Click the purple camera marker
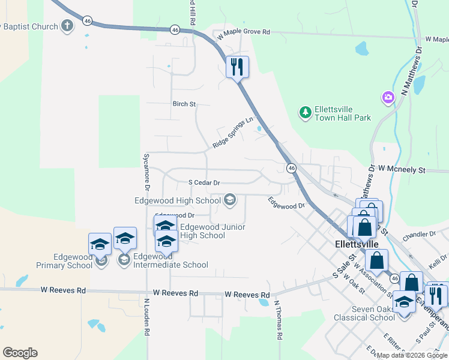point(388,97)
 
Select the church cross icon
point(67,26)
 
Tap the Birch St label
point(184,104)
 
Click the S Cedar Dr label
point(204,182)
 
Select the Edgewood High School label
point(184,200)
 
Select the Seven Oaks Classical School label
point(366,313)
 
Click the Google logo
point(20,353)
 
